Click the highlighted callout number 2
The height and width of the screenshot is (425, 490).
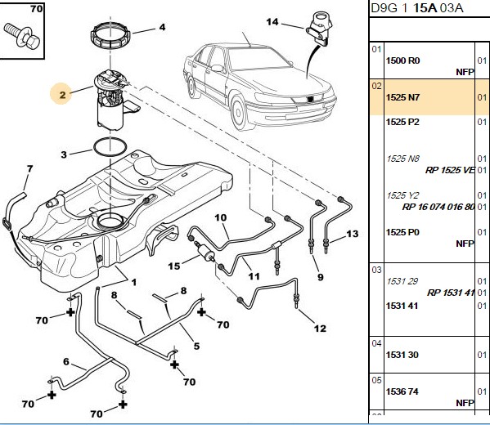tap(62, 94)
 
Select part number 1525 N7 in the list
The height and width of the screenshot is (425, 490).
tap(402, 97)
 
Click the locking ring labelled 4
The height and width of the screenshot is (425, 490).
tap(110, 38)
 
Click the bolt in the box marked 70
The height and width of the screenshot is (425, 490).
tap(22, 36)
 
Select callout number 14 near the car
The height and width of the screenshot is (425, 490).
tap(272, 21)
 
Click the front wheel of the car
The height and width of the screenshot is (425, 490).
tap(239, 114)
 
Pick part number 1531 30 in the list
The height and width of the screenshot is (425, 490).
tap(402, 355)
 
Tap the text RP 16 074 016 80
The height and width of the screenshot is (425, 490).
tap(438, 207)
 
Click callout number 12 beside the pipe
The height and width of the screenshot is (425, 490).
tap(320, 329)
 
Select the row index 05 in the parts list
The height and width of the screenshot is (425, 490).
tap(376, 380)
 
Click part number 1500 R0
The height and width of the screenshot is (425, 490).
tap(402, 60)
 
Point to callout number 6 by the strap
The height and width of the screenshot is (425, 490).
tap(66, 361)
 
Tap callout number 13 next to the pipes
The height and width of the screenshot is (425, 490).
tap(353, 234)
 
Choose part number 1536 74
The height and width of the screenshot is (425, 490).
tap(402, 391)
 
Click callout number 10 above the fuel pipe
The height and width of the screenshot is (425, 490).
tap(221, 217)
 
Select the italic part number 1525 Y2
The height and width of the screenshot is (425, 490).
tap(402, 195)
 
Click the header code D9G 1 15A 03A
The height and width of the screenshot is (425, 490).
tap(416, 8)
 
